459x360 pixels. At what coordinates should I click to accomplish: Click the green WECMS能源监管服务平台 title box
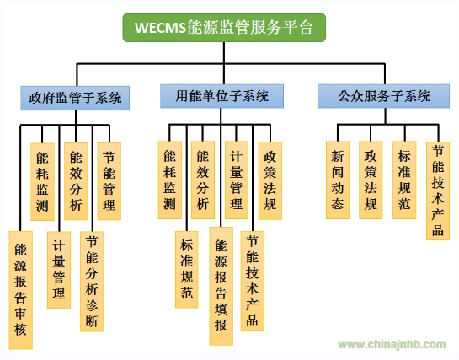point(224,28)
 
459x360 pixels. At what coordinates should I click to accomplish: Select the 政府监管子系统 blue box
point(75,98)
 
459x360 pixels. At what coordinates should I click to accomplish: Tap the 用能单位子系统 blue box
point(221,96)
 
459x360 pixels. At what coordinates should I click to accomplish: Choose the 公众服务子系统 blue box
point(383,96)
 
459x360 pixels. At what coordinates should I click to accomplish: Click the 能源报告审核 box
point(20,290)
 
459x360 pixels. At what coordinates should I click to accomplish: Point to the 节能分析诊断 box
point(92,282)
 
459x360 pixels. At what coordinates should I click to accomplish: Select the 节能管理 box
point(109,181)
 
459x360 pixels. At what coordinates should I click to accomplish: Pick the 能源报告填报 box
point(221,286)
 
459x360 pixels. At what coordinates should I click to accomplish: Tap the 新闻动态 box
point(338,180)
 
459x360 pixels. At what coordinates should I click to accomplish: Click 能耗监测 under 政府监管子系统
point(42,181)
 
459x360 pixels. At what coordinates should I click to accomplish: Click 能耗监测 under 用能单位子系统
point(170,180)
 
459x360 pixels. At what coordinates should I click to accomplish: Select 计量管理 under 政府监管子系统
point(59,270)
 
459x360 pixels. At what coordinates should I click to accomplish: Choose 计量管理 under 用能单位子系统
point(237,180)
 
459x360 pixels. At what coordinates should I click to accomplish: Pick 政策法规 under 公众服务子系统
point(371,180)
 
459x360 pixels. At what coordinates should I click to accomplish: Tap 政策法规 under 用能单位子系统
point(270,180)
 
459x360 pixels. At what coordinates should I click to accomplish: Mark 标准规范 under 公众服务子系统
point(404,180)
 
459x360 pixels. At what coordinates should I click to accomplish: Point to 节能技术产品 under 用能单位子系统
point(253,282)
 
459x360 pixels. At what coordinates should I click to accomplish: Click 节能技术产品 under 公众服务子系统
point(438,191)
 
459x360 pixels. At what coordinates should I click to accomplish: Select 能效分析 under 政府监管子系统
point(76,181)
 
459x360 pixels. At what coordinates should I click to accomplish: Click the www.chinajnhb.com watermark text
point(392,344)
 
